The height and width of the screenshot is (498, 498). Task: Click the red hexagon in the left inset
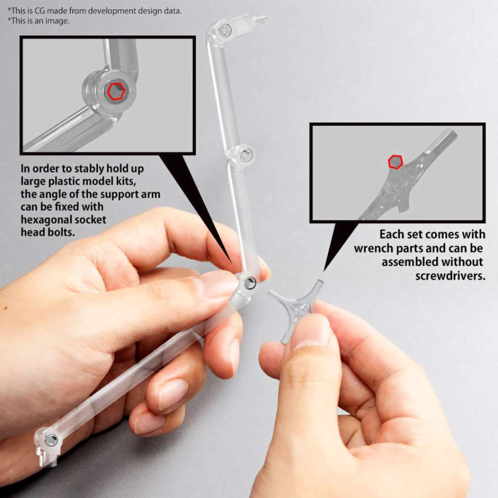click(x=116, y=91)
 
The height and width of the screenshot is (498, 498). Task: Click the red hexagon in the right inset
click(x=395, y=162)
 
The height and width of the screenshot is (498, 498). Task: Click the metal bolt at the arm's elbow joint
click(x=249, y=283)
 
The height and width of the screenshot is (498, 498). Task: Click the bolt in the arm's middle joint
click(x=246, y=154)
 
